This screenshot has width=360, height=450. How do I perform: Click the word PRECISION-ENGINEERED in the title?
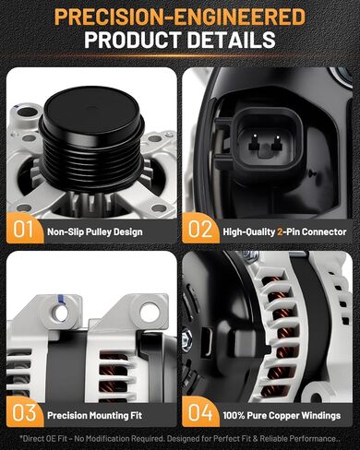point(180,17)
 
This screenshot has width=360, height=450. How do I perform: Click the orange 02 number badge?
point(200,229)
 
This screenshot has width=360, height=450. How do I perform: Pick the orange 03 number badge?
point(24,412)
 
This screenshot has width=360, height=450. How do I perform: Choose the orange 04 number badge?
point(200,412)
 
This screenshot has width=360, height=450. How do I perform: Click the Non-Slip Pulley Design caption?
point(95,231)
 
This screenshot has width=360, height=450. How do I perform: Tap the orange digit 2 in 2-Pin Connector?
point(280,231)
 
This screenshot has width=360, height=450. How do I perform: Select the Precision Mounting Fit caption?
point(94,415)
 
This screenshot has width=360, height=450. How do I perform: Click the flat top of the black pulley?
point(91,109)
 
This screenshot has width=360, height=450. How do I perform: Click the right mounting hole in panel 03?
point(150,312)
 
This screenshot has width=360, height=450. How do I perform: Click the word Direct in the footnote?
point(32,439)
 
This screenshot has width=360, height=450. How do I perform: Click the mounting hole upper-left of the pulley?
point(28,112)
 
